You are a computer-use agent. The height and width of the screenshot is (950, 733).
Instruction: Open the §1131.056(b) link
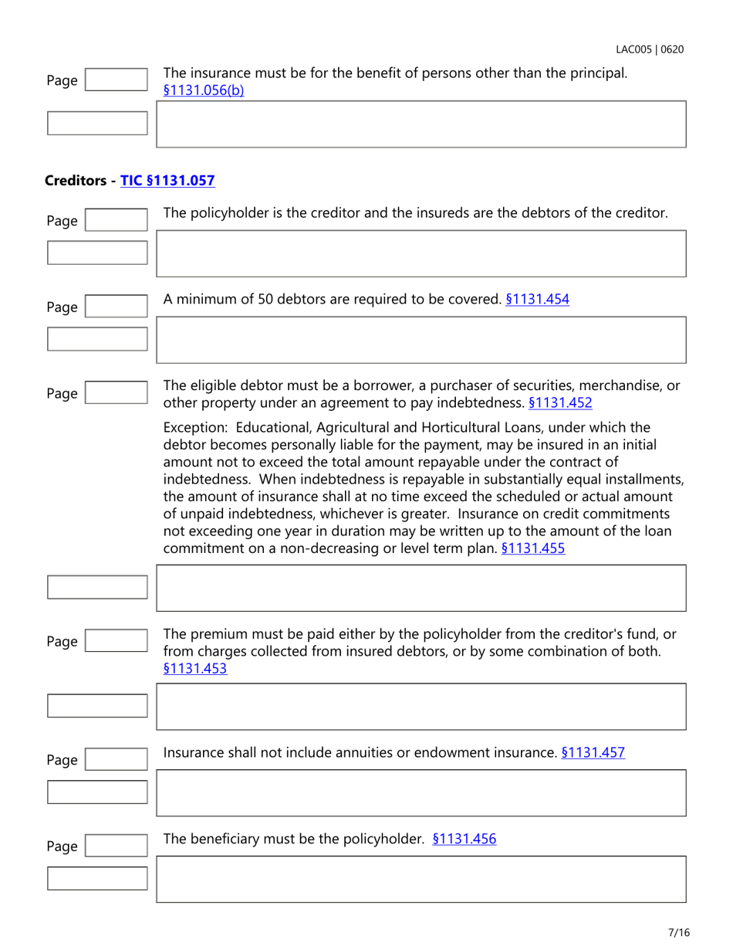click(204, 90)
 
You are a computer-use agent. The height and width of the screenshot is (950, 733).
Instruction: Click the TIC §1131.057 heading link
click(167, 181)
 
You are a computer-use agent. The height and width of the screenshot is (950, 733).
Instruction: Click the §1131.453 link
click(195, 669)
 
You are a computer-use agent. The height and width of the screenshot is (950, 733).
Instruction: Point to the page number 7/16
click(678, 932)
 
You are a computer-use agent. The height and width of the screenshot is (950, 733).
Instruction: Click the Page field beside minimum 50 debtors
click(115, 307)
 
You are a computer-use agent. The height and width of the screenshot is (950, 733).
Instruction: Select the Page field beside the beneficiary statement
click(115, 847)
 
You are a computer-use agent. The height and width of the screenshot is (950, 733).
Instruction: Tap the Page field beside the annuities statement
click(115, 760)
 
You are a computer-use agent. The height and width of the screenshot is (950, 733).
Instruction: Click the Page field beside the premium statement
click(115, 641)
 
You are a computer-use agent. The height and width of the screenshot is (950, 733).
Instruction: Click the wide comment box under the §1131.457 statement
click(421, 792)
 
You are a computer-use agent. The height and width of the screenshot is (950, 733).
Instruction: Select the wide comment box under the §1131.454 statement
click(421, 339)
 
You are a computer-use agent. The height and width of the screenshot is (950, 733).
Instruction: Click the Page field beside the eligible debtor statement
click(115, 394)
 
